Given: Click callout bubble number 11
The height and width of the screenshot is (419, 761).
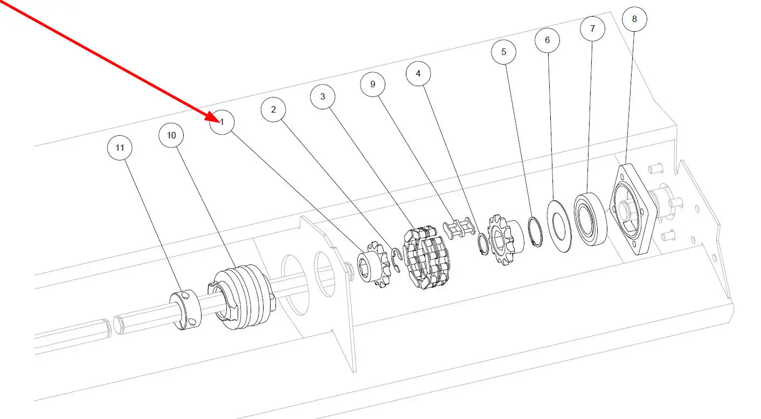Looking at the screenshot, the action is coord(120,148).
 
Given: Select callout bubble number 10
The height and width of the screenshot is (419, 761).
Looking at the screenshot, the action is coord(171,135).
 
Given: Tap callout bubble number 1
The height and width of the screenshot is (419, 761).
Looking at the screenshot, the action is coord(222,122).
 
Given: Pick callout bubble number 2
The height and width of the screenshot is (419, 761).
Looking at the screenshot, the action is coord(273,109).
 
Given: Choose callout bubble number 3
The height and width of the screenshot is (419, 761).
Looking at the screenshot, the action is coord(322,96).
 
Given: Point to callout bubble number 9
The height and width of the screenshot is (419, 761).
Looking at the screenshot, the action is coord(373,84).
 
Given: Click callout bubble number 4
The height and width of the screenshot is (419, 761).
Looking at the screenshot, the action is coord(418,73).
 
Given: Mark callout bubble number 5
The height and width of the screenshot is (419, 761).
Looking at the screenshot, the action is coord(503,52).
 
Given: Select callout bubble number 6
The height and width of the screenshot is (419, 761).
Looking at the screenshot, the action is coord(547,40).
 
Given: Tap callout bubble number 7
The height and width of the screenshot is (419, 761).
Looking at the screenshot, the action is coord(592,29).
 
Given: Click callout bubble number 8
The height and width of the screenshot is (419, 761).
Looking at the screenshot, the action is coord(634,19).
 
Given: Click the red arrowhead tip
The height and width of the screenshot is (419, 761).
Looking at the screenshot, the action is coord(220,122).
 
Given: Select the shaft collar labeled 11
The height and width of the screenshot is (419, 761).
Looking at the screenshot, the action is coord(185,310).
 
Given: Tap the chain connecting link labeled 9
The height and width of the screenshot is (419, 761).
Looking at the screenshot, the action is coord(459,228).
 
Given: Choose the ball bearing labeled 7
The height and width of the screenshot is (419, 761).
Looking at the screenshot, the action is coord(591,219).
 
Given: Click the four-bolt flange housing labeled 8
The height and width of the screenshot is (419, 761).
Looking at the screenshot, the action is coord(633,209).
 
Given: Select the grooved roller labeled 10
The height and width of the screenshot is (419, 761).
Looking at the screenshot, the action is coord(242,297).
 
